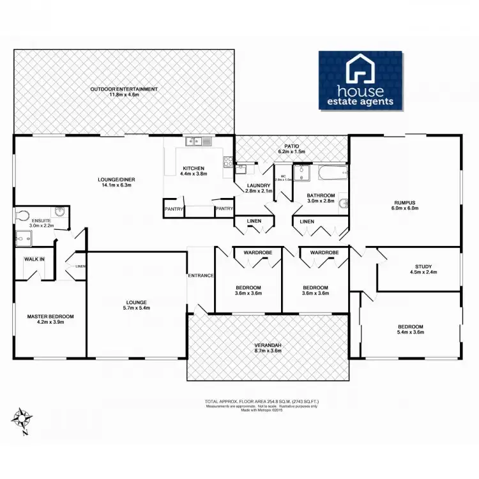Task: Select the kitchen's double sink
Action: (194, 141)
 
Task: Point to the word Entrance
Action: (200, 275)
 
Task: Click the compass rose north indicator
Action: (24, 419)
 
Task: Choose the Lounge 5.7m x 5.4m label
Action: (137, 305)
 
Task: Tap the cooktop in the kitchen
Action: (227, 162)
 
